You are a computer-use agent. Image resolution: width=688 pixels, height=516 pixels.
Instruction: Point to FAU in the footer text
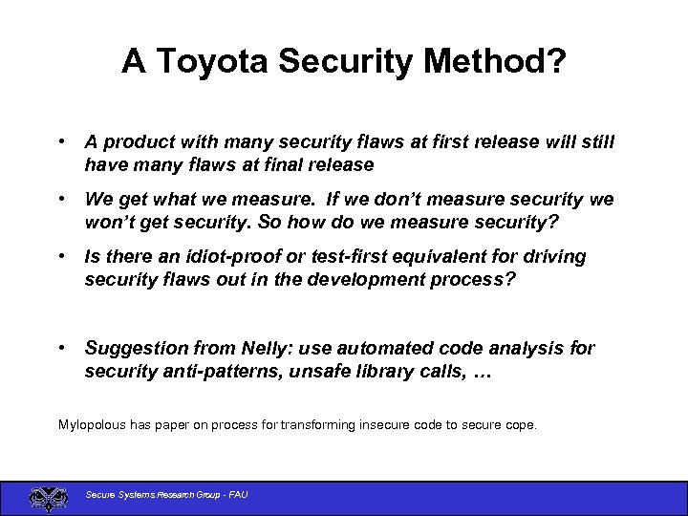(236, 494)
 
